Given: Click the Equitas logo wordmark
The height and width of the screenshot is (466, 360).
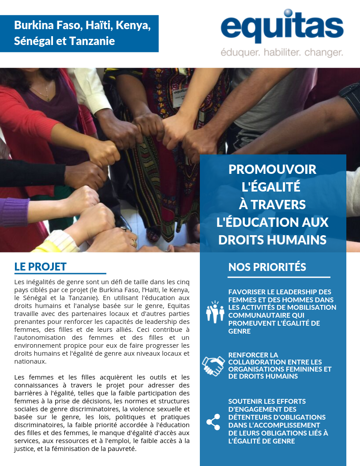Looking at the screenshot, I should [x=282, y=29].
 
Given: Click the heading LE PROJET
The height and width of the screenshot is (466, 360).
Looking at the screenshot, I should [x=40, y=267].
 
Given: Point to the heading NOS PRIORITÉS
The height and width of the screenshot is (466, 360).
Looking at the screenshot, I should [x=267, y=267].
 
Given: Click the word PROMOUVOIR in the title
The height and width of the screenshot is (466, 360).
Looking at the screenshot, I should [x=273, y=169].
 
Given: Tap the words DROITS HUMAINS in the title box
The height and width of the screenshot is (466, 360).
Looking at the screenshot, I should [x=273, y=240].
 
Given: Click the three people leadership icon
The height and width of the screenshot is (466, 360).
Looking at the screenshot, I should [x=215, y=311].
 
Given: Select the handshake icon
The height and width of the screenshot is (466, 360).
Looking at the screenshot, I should [x=214, y=366].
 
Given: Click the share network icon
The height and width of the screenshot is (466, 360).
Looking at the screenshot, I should [x=214, y=422].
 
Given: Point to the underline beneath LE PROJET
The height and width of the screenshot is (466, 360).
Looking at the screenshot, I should [x=60, y=274].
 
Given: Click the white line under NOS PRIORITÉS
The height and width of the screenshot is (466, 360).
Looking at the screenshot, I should [x=279, y=277].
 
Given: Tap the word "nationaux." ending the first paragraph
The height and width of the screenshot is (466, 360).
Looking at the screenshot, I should [x=30, y=361].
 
